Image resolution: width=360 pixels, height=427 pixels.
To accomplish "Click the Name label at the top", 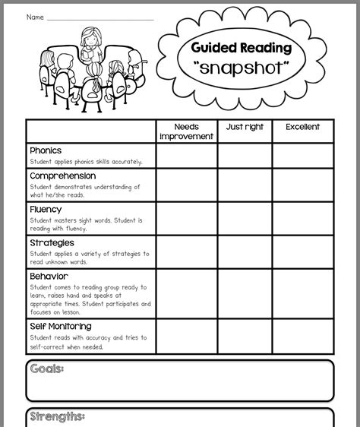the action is [35, 17].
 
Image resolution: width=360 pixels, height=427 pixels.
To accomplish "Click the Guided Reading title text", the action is [242, 48].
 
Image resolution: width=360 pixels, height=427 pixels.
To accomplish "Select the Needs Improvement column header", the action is [187, 131].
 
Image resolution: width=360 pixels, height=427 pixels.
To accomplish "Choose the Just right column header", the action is [245, 127].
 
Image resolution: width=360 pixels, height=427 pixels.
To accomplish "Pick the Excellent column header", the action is [302, 127].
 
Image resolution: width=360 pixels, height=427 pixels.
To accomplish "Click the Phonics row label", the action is [46, 150].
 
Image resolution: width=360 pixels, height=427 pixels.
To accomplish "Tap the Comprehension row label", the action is [62, 176].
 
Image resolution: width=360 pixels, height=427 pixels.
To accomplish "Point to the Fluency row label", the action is [46, 210].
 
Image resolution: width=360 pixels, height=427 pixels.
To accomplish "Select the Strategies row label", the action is [52, 243].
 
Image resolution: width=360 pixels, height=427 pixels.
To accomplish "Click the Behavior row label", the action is [49, 277].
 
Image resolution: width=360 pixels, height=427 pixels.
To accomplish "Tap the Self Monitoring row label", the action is [61, 327].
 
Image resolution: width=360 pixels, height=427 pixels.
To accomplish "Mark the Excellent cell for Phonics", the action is [302, 156].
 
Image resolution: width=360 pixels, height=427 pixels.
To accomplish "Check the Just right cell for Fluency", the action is [245, 219].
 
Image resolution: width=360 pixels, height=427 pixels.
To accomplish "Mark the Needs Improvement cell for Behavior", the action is [187, 294].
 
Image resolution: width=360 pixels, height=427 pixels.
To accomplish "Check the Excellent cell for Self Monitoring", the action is [302, 337].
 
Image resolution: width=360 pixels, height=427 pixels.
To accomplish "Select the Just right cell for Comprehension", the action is [245, 185].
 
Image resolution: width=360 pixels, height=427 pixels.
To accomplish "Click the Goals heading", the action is [46, 369].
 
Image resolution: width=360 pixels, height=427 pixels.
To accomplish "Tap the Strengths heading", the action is [57, 416].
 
